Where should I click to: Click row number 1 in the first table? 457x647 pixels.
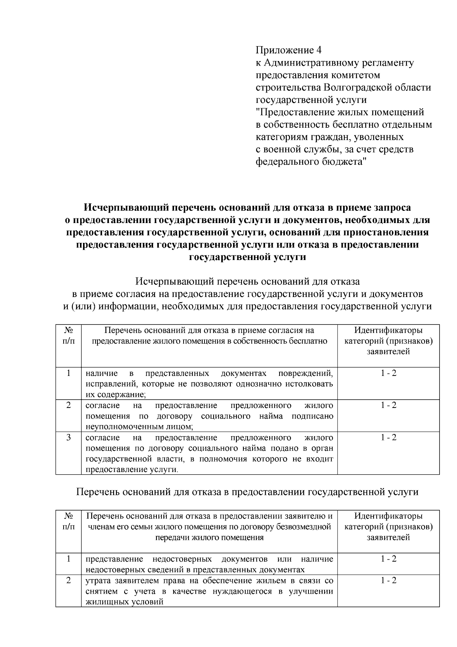click(69, 373)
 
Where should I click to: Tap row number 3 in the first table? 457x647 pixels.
click(69, 438)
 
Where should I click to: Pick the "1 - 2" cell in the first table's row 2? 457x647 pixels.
click(388, 406)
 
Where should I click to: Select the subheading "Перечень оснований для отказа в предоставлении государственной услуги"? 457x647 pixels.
click(248, 492)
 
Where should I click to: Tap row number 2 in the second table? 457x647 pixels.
click(69, 581)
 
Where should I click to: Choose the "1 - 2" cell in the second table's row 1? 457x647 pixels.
click(388, 559)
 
